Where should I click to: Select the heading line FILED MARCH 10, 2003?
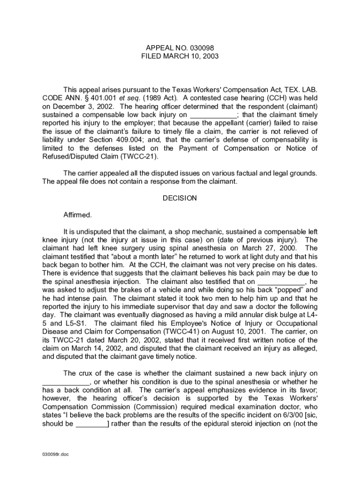tap(180, 56)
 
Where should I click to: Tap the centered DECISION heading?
tap(180, 198)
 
